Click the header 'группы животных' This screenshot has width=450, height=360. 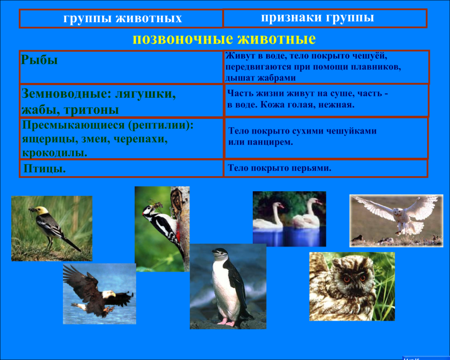pyautogui.click(x=123, y=19)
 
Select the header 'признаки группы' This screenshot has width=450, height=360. pyautogui.click(x=317, y=18)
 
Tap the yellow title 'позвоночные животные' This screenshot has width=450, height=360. pyautogui.click(x=224, y=39)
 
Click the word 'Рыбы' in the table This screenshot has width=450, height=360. pyautogui.click(x=39, y=60)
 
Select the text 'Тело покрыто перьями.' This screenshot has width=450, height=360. pyautogui.click(x=280, y=168)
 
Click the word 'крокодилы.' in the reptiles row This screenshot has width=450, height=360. pyautogui.click(x=55, y=152)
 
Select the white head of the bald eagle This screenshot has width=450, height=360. pyautogui.click(x=108, y=294)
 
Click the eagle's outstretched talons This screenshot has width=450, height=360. pyautogui.click(x=109, y=310)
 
